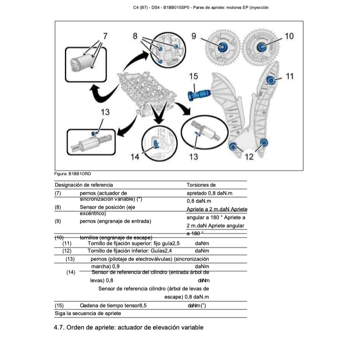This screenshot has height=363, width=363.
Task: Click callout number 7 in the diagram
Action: [105, 36]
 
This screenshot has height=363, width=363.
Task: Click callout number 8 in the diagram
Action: [135, 36]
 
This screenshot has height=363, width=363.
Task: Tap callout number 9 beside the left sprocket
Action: [194, 36]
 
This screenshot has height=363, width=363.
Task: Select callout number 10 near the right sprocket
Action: [289, 36]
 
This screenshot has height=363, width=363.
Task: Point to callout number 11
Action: [290, 76]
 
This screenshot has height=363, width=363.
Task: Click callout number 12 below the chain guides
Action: [249, 156]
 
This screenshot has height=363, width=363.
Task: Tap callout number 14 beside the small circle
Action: [135, 156]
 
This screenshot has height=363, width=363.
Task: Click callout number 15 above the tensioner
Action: [193, 76]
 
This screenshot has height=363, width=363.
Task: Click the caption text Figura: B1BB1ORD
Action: [72, 174]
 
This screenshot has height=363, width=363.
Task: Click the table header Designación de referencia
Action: [84, 185]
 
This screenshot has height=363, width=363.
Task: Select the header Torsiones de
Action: [201, 185]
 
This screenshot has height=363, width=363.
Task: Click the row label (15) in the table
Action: [59, 306]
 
